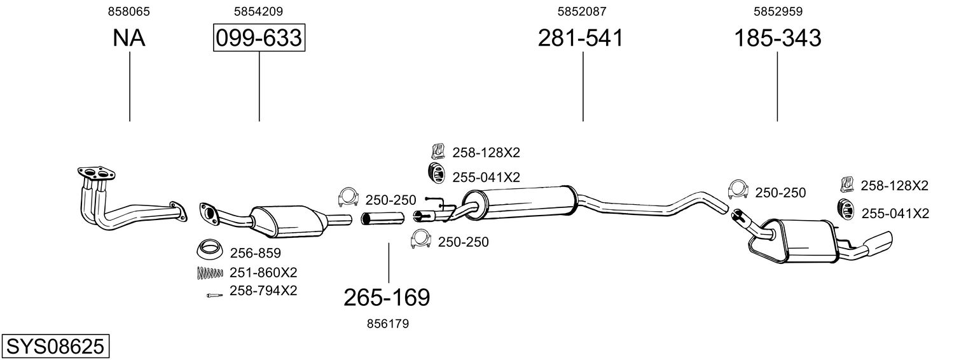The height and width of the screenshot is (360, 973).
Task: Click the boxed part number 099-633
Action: [259, 38]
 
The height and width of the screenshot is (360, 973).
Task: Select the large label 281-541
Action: [581, 38]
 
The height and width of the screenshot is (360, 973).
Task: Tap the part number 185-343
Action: [778, 38]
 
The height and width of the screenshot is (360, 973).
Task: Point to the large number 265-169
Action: [387, 298]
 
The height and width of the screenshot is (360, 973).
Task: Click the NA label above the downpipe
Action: [129, 38]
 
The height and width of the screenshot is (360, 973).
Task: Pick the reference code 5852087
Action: [582, 11]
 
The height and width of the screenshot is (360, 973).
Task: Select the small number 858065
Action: [129, 11]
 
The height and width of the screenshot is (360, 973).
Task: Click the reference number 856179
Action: [388, 324]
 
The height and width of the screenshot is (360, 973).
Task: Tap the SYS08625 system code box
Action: [55, 347]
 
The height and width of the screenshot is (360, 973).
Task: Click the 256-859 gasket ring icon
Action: [210, 249]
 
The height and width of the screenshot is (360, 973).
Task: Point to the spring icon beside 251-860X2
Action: [210, 273]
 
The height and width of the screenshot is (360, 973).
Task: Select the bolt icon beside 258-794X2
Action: [214, 295]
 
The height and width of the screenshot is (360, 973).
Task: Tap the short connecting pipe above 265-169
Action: [383, 218]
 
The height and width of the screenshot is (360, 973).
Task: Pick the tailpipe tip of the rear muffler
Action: [878, 243]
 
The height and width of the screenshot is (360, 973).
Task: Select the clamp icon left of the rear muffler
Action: [738, 190]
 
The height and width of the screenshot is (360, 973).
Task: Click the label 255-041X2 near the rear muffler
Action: [895, 214]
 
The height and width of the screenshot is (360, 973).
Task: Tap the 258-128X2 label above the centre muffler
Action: [486, 153]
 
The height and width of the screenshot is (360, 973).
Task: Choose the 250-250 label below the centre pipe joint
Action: [463, 242]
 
